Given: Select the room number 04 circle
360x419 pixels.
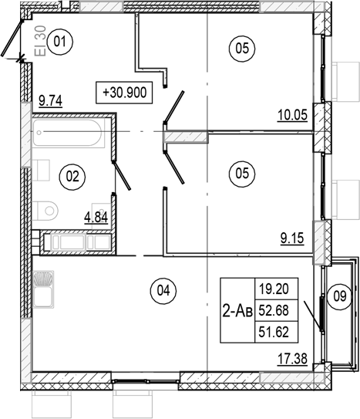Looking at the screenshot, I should click(162, 291).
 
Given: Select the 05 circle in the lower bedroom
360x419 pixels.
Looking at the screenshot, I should click(242, 174).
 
